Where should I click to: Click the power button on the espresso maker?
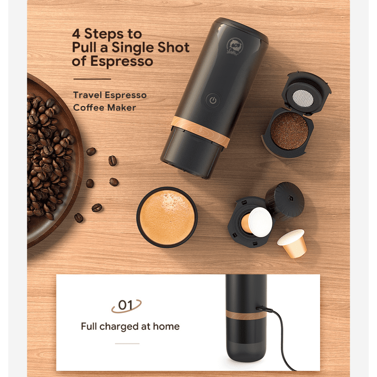coord(213,101)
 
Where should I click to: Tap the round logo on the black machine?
coord(234,46)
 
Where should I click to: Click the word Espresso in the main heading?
coord(122,61)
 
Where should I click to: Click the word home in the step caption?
coord(166,326)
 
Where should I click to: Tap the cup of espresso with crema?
coord(167,217)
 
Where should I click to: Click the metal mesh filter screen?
coord(303,98)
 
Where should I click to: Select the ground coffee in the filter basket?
coord(289,130)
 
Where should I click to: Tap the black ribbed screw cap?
coord(285,201)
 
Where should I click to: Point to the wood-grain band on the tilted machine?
coord(200,132)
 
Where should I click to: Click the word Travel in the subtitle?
coord(87,95)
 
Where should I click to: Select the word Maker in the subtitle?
coord(121,107)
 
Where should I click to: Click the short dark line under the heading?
coord(92,79)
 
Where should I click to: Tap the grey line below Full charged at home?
coord(127,343)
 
